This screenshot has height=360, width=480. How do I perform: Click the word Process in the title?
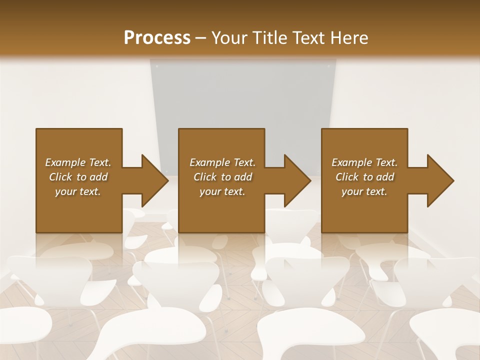pyautogui.click(x=157, y=38)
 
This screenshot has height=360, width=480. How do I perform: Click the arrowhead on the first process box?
pyautogui.click(x=155, y=180)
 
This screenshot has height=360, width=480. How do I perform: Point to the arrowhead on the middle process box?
pyautogui.click(x=298, y=180)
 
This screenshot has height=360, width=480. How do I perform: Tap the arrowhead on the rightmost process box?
pyautogui.click(x=440, y=180)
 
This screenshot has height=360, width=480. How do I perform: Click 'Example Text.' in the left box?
pyautogui.click(x=78, y=162)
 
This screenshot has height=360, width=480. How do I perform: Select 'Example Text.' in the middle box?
pyautogui.click(x=222, y=162)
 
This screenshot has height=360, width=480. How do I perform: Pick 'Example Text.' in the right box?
pyautogui.click(x=364, y=162)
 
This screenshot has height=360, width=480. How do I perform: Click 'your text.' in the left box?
pyautogui.click(x=78, y=191)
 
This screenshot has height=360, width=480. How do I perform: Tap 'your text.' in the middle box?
pyautogui.click(x=222, y=191)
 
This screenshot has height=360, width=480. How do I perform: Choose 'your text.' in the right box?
pyautogui.click(x=364, y=191)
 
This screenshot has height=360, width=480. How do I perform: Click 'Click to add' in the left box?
pyautogui.click(x=78, y=177)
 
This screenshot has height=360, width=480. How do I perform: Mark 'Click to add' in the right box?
pyautogui.click(x=364, y=177)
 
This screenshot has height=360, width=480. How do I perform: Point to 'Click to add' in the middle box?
pyautogui.click(x=222, y=177)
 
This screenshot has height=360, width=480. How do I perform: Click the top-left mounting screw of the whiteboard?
pyautogui.click(x=156, y=65)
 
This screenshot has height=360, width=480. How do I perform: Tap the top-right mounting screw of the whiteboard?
pyautogui.click(x=329, y=65)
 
